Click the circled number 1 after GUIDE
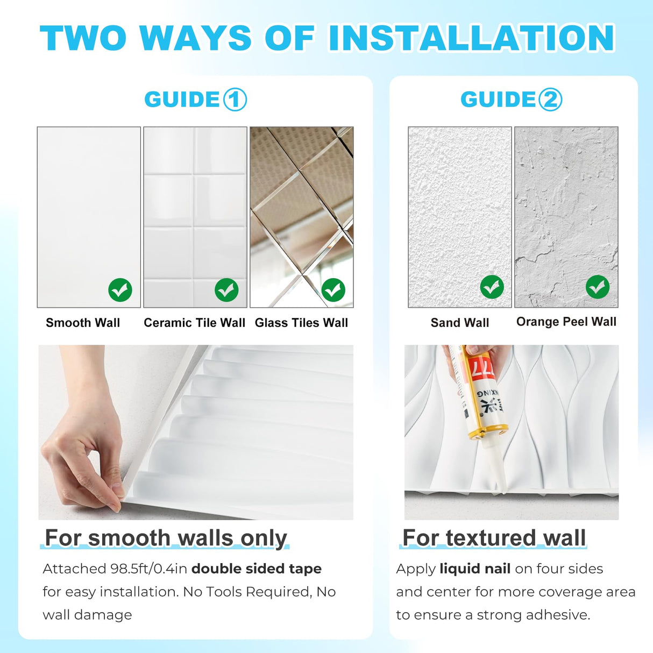pos(235,100)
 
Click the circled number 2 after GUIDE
pos(550,100)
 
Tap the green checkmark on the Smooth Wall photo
pos(120,290)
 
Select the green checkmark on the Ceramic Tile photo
pos(226,290)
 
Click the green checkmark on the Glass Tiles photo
pos(333,290)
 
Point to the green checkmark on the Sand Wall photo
pos(492,287)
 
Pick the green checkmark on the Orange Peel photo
pos(598,287)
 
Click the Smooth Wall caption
pos(83,323)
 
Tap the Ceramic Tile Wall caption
pos(194,323)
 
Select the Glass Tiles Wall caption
pos(301,323)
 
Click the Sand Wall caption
pos(460,323)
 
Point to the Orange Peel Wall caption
pos(566,322)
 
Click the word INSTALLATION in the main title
pos(471,38)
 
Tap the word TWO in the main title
pos(83,38)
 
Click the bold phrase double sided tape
pos(257,569)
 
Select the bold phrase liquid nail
pos(475,569)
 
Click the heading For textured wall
pos(494,538)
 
